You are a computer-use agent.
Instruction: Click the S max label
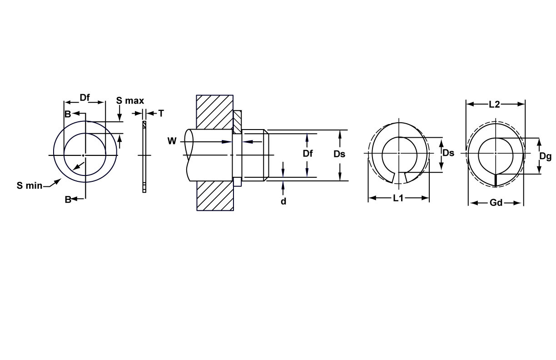tap(130, 100)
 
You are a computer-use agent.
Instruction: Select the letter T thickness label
tap(160, 113)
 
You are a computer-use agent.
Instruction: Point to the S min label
tap(30, 185)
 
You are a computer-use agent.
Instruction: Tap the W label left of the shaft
tap(172, 141)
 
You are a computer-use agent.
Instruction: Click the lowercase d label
tap(283, 201)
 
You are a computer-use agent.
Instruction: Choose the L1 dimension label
tap(398, 198)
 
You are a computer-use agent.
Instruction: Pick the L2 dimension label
tap(494, 105)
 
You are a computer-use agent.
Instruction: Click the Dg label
tap(545, 156)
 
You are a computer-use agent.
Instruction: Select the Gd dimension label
tap(496, 203)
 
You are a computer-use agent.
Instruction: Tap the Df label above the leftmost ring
tap(85, 97)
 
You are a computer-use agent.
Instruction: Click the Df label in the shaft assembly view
tap(308, 154)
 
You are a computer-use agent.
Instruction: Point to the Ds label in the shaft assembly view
tap(339, 154)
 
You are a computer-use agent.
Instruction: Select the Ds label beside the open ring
tap(448, 153)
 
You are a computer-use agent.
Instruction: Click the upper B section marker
tap(68, 114)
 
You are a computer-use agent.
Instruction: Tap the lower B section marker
tap(68, 199)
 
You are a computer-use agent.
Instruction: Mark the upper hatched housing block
tap(214, 111)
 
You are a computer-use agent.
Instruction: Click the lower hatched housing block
tap(214, 195)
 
